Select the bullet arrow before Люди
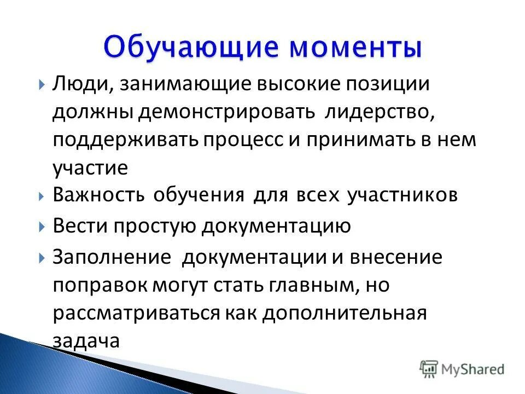[42, 85]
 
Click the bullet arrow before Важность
[42, 196]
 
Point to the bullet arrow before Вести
[42, 226]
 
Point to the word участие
[90, 168]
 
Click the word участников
[402, 196]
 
